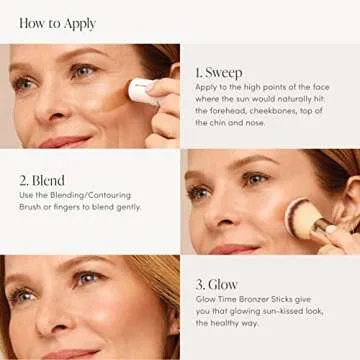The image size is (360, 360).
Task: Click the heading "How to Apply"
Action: tap(58, 21)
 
